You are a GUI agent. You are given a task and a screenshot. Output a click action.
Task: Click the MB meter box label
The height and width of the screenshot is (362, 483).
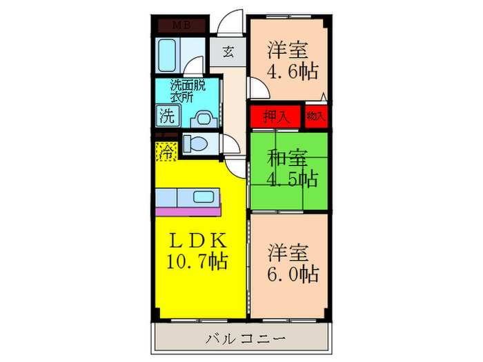[181, 26]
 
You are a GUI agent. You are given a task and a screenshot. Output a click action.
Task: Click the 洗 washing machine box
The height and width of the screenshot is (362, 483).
[167, 115]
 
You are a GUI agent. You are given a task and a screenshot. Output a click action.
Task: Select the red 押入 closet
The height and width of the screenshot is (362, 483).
[275, 116]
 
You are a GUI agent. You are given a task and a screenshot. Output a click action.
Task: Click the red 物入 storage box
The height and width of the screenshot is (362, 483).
[316, 116]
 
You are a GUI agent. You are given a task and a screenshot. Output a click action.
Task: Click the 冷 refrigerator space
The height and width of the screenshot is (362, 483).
[166, 151]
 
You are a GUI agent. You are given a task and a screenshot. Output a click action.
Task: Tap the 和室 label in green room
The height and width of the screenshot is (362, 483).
[288, 158]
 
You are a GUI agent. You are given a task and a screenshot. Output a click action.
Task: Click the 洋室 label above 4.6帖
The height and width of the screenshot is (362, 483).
[288, 51]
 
